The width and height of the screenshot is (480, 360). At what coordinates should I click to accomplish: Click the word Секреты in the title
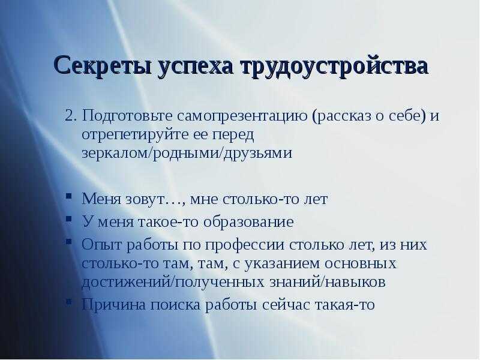[102, 65]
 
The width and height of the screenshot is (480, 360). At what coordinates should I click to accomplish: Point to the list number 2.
[70, 116]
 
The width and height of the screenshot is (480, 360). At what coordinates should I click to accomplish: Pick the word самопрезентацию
[242, 116]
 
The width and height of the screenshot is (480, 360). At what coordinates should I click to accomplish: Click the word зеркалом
[115, 153]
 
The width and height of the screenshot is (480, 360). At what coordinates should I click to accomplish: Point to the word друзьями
[258, 153]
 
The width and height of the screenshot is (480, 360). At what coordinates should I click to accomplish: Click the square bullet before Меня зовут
[68, 196]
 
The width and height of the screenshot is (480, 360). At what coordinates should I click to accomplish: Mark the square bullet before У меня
[68, 218]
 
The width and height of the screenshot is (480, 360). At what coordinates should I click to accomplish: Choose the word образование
[248, 222]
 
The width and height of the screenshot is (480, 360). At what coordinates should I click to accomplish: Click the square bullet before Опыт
[68, 241]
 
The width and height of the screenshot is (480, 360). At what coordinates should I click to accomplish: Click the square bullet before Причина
[68, 301]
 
